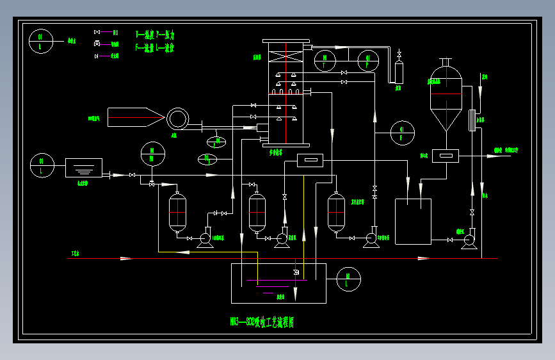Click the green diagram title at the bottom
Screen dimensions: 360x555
click(x=261, y=322)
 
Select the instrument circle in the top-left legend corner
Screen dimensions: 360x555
click(x=41, y=42)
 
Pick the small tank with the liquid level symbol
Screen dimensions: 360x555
click(x=84, y=168)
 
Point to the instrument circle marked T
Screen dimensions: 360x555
click(x=325, y=61)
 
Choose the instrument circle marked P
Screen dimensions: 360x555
click(x=367, y=61)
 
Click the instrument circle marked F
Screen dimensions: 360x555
click(x=403, y=133)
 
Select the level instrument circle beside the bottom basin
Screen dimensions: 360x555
click(x=349, y=279)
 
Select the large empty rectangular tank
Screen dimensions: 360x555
click(x=413, y=222)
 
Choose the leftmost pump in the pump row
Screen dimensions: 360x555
click(x=205, y=239)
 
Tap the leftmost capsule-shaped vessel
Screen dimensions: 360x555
click(x=177, y=212)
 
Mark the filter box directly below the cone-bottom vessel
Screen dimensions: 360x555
click(x=445, y=154)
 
